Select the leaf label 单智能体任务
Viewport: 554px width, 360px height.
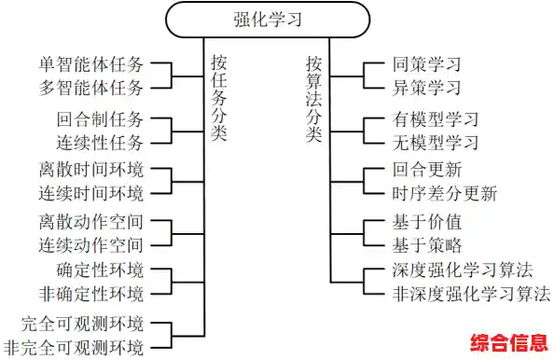point(91,68)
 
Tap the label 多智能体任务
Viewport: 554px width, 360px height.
point(91,89)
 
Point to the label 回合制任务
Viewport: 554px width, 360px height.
point(100,121)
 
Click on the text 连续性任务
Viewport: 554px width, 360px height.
point(100,142)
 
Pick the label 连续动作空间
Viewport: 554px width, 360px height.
point(91,245)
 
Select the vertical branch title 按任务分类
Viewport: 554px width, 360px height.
point(219,98)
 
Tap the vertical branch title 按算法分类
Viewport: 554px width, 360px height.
point(314,98)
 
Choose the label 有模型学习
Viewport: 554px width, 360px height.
point(435,121)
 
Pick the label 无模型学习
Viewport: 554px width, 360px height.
point(435,142)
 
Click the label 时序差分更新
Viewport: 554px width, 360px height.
point(444,194)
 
